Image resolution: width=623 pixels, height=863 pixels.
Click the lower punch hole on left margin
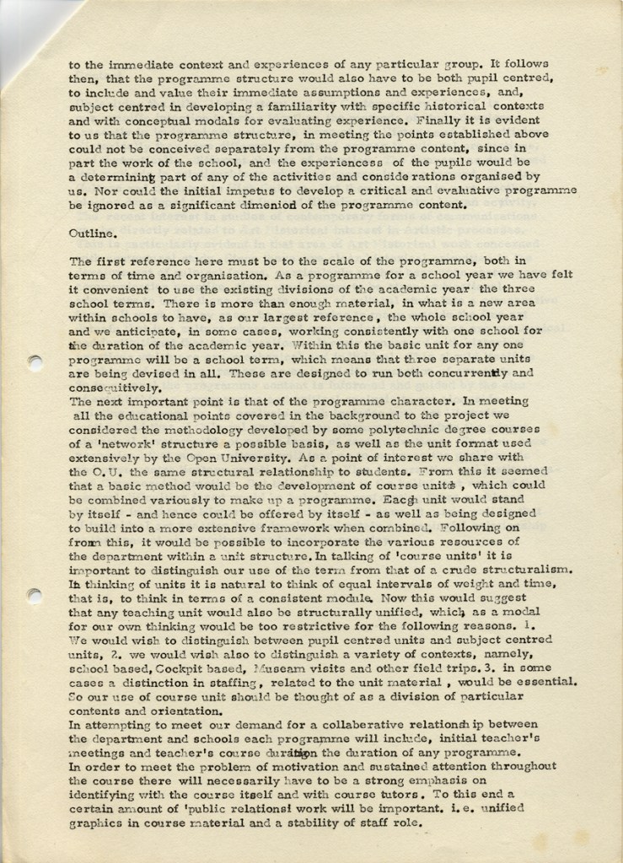coord(35,594)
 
